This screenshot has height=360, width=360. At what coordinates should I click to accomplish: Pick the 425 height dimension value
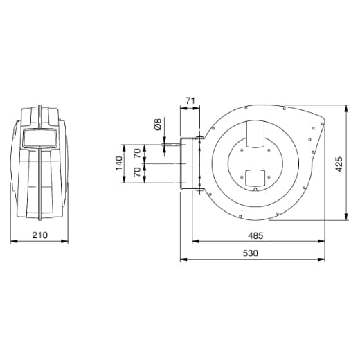[x=339, y=163]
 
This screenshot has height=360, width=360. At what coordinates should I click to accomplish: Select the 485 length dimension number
[x=255, y=235]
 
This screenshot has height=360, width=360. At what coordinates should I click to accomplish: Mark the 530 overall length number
[x=250, y=253]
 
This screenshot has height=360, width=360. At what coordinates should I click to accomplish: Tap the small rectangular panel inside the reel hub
[x=254, y=178]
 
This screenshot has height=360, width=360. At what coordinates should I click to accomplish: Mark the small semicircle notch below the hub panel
[x=255, y=190]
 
